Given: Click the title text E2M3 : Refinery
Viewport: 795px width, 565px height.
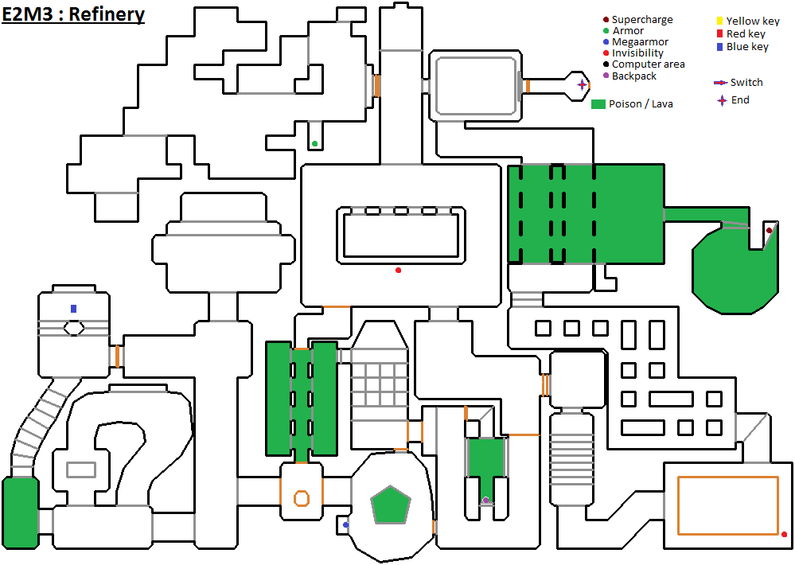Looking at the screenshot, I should [73, 14].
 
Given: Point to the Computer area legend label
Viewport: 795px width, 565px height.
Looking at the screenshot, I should [648, 64].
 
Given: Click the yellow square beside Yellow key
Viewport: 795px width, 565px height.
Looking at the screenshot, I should [719, 21].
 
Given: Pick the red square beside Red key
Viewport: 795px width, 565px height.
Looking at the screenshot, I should [719, 34].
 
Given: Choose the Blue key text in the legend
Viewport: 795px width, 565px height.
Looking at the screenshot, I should [747, 47].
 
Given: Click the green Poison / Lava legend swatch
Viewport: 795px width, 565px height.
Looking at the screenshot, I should [599, 104].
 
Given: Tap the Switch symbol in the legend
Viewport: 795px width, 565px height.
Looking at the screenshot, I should [719, 83].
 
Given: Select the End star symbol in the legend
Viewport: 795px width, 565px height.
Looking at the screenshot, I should [722, 100].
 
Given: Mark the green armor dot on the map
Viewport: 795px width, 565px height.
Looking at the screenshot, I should [315, 144].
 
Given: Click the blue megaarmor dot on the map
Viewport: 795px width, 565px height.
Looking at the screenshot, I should [345, 525].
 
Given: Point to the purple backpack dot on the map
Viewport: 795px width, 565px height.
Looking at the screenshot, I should [485, 501].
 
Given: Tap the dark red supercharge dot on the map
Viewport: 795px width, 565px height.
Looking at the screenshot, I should [769, 231].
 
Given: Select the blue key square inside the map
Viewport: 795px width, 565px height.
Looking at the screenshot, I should [74, 309].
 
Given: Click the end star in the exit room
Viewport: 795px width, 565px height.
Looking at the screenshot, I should [582, 84].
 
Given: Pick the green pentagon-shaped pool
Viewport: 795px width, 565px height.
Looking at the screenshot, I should [391, 505].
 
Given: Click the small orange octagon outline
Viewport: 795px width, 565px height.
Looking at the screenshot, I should [301, 499].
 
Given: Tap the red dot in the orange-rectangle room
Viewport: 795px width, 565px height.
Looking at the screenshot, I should [784, 534].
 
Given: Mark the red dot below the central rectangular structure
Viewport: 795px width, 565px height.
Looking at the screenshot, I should [399, 271].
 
